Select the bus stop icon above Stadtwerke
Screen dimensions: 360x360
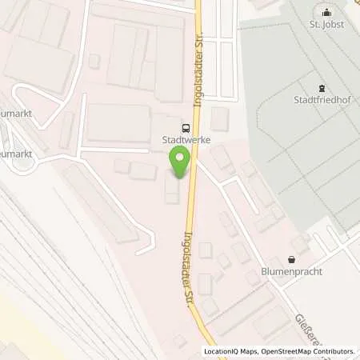pyautogui.click(x=186, y=126)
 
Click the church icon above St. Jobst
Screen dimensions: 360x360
pyautogui.click(x=326, y=11)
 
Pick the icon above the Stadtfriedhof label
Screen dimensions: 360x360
pyautogui.click(x=322, y=88)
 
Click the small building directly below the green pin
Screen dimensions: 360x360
pyautogui.click(x=172, y=190)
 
